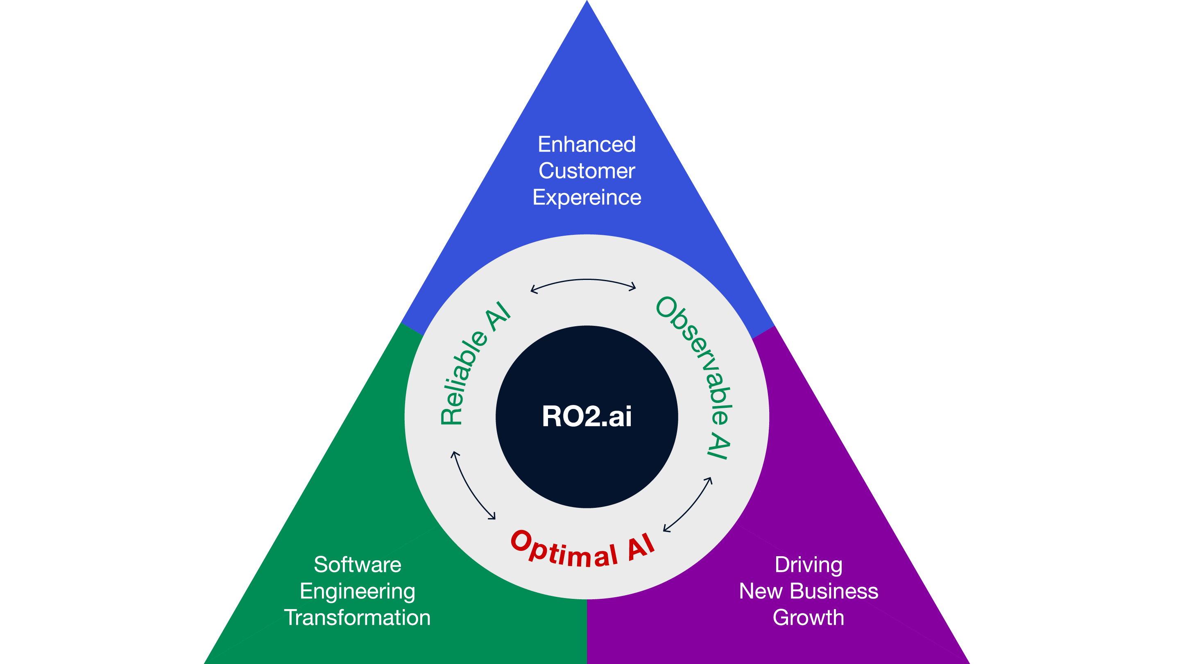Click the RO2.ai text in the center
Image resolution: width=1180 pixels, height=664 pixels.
click(587, 416)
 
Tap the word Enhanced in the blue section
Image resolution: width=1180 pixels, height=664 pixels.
click(587, 144)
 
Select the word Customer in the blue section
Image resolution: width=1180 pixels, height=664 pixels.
click(587, 171)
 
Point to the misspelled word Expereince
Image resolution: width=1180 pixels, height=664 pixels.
click(587, 198)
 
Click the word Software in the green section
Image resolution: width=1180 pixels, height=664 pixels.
click(357, 564)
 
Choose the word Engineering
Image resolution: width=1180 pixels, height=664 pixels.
click(357, 591)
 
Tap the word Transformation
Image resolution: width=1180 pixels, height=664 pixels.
click(357, 618)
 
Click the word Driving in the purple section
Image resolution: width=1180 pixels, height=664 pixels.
click(809, 564)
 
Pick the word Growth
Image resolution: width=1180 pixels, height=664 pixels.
click(809, 618)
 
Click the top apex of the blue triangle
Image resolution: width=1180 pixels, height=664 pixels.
click(587, 3)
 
